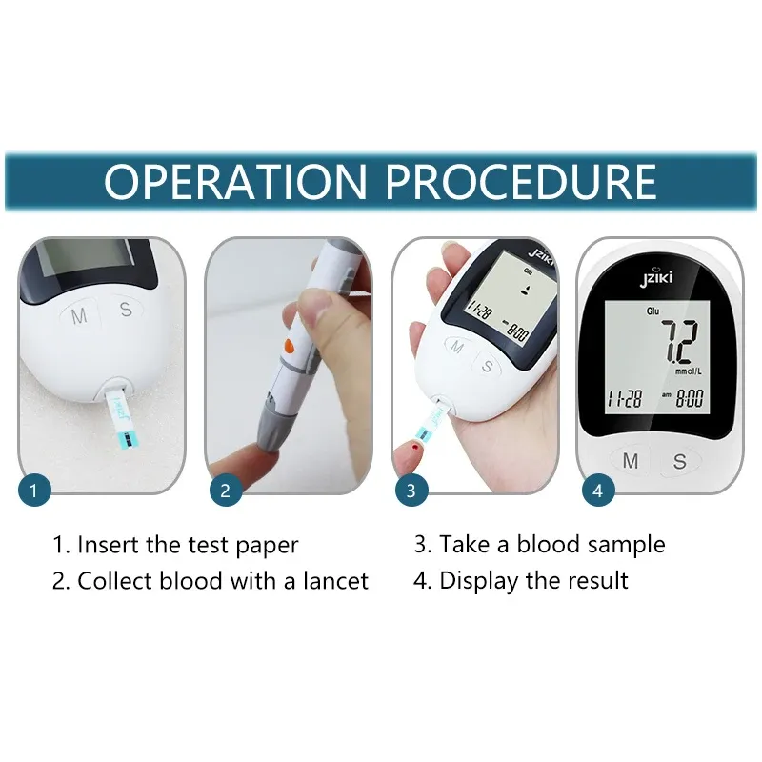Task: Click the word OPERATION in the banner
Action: pyautogui.click(x=235, y=181)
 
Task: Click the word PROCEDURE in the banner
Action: pyautogui.click(x=521, y=181)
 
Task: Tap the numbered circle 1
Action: pyautogui.click(x=34, y=490)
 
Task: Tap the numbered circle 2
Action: pyautogui.click(x=226, y=490)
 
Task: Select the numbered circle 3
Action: pyautogui.click(x=411, y=490)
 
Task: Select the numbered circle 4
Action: pyautogui.click(x=598, y=490)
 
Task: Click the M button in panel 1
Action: pyautogui.click(x=79, y=316)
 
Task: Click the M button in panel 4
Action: pyautogui.click(x=631, y=460)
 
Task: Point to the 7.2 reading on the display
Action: pyautogui.click(x=680, y=341)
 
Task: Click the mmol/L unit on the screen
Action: pyautogui.click(x=688, y=371)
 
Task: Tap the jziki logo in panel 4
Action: pyautogui.click(x=656, y=277)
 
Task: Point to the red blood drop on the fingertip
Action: pyautogui.click(x=414, y=446)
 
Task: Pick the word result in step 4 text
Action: pyautogui.click(x=598, y=581)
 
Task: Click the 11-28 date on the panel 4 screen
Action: pyautogui.click(x=625, y=399)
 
